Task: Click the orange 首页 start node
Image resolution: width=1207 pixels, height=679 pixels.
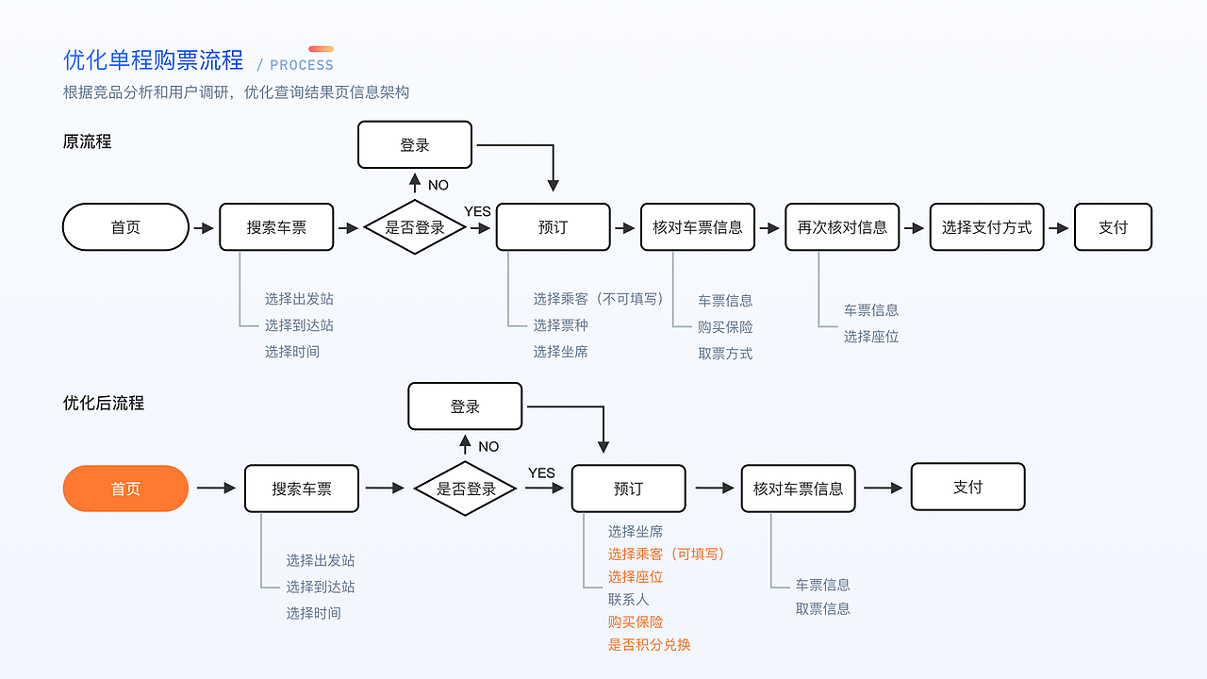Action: pos(125,489)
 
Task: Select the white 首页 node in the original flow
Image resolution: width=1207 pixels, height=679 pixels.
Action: pos(125,227)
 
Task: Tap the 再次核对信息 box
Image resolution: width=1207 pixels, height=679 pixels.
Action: pos(842,227)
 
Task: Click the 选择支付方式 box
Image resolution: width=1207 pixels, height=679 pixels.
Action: pos(986,227)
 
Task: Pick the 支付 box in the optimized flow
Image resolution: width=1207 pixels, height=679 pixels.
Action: pos(967,487)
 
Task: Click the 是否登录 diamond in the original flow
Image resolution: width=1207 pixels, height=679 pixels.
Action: pos(415,227)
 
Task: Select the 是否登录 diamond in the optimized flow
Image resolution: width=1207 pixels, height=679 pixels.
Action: pos(466,489)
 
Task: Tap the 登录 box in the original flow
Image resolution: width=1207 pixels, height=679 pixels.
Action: pos(415,145)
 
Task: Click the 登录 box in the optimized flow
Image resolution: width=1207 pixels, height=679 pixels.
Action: pos(465,406)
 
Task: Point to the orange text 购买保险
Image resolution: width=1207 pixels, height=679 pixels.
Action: pos(636,622)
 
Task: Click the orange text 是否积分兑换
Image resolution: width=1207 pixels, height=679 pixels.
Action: pos(650,645)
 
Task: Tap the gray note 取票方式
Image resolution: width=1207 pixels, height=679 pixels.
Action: pos(725,354)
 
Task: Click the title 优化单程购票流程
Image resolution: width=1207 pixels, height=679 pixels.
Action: pos(153,60)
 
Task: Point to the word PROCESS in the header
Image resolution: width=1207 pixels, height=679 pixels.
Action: pos(302,65)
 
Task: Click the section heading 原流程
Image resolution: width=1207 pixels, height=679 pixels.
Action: pos(87,141)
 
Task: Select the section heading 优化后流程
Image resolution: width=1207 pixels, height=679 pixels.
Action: pos(104,403)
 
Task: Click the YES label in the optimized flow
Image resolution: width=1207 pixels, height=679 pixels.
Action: pos(541,472)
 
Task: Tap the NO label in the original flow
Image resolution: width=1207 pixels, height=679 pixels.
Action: pos(438,185)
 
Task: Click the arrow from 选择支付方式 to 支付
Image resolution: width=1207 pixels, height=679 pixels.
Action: pos(1059,228)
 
